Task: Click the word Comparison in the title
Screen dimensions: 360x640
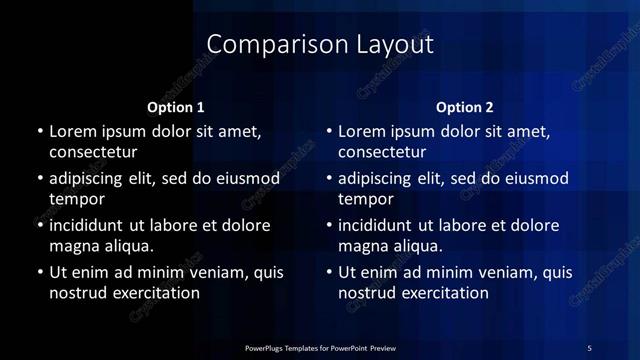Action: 265,45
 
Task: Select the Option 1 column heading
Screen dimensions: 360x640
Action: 176,107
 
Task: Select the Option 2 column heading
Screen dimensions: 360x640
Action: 465,107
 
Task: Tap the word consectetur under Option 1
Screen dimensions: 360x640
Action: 93,153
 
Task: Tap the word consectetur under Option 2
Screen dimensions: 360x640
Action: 382,153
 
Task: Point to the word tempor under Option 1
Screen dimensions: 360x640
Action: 77,199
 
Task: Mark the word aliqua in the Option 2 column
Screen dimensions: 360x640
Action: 416,246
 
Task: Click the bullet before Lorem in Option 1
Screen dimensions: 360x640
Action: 39,132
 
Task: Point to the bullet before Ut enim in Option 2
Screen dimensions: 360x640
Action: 328,272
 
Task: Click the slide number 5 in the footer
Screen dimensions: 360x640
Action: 589,347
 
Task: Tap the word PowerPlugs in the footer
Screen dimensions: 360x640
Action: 270,348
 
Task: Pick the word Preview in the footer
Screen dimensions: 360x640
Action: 381,348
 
